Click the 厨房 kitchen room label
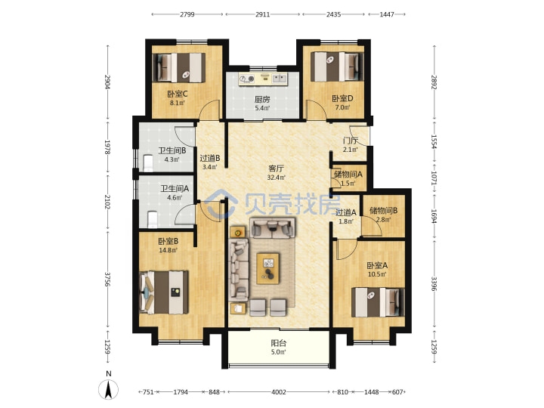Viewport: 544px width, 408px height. pos(262,99)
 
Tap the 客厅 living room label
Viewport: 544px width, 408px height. pos(277,168)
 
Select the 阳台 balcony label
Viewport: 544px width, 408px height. pos(279,344)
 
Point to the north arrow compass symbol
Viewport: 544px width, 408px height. pos(109,389)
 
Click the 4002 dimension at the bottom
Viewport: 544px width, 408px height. pos(279,392)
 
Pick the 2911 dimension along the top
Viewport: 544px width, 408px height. pos(263,14)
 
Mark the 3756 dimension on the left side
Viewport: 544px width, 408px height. pos(108,280)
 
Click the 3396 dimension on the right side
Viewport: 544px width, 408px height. pos(434,283)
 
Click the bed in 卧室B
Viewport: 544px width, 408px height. pos(164,292)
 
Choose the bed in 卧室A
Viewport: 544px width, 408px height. pos(378,301)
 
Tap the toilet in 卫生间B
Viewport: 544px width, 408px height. pos(148,163)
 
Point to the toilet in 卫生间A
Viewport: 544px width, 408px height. pos(153,220)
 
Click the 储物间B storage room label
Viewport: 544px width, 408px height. pos(383,211)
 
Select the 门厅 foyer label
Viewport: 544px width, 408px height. pos(350,141)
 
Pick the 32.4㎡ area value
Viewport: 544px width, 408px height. pos(277,178)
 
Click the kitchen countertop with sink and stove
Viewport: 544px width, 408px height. pos(263,79)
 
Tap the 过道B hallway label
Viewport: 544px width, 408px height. pos(210,158)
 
